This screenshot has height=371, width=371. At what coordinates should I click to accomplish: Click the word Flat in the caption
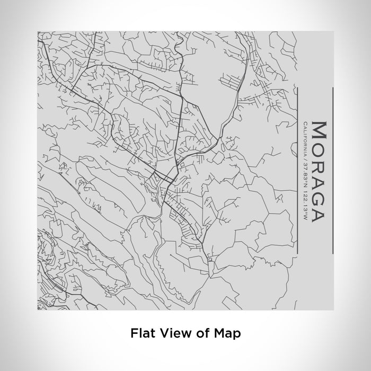pyautogui.click(x=142, y=334)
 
